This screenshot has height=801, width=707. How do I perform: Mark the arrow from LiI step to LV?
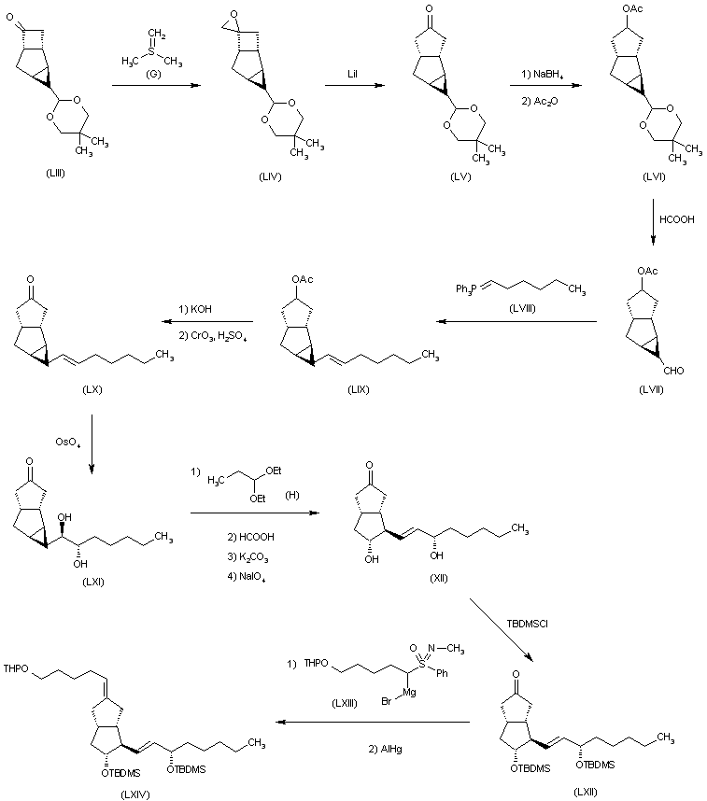click(357, 86)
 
